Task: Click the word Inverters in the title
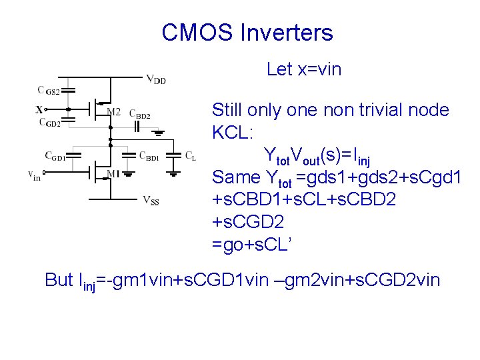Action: click(x=287, y=32)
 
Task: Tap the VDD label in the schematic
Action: click(x=155, y=80)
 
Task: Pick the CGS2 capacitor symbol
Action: click(x=69, y=91)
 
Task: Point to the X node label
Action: click(x=39, y=109)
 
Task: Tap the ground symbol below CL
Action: click(x=173, y=173)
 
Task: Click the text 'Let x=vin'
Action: click(x=303, y=69)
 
